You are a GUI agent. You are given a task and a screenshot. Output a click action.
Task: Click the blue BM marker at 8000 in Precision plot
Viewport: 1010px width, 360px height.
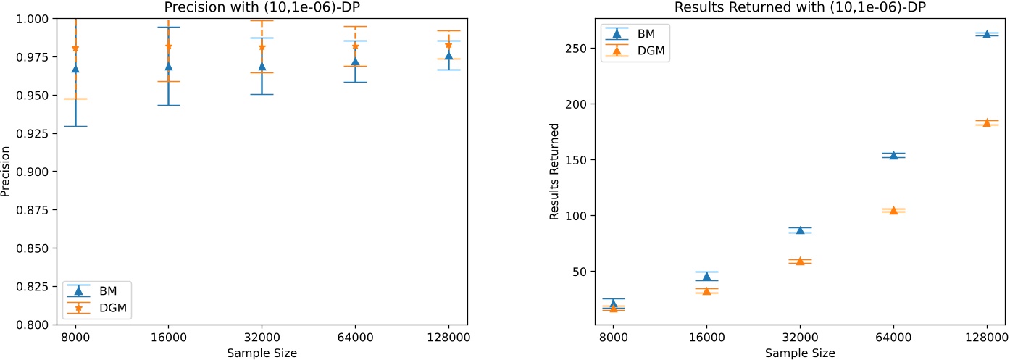pyautogui.click(x=75, y=69)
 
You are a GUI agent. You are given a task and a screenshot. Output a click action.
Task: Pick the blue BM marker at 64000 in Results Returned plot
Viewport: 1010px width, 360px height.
pyautogui.click(x=893, y=155)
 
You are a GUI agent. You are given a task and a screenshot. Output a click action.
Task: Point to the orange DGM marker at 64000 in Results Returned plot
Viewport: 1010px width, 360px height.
pyautogui.click(x=893, y=210)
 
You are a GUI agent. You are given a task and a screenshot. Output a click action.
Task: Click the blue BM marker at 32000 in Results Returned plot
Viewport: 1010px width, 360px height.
pyautogui.click(x=800, y=230)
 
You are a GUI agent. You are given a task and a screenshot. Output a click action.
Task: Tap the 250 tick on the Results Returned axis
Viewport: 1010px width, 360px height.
pyautogui.click(x=576, y=49)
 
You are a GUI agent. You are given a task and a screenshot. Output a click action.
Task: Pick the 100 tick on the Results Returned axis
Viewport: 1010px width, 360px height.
pyautogui.click(x=576, y=216)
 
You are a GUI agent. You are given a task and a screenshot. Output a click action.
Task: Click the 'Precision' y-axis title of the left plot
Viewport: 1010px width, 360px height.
pyautogui.click(x=7, y=172)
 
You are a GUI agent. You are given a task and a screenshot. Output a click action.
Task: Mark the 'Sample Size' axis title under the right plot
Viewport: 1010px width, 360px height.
pyautogui.click(x=800, y=353)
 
